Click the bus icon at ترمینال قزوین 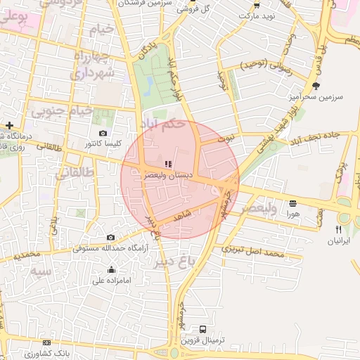[203, 328]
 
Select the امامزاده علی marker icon [111, 269]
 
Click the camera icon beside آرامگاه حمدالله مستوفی [111, 238]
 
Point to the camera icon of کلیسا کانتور [103, 133]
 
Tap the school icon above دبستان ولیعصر [158, 164]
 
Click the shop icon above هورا [292, 203]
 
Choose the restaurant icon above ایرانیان [338, 229]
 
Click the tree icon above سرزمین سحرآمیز [316, 86]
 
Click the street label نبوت [226, 139]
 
